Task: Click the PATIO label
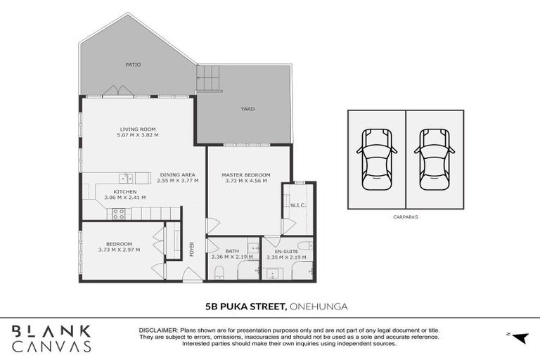(x=133, y=65)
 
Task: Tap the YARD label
(x=247, y=109)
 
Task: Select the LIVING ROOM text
(x=137, y=129)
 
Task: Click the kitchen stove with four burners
(x=118, y=214)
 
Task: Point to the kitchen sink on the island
(x=124, y=178)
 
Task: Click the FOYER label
(x=191, y=249)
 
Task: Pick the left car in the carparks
(x=376, y=159)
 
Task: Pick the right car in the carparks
(x=434, y=159)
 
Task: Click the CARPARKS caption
(x=405, y=217)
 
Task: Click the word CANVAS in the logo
(x=51, y=346)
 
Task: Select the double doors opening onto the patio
(x=117, y=91)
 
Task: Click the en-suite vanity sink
(x=274, y=273)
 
